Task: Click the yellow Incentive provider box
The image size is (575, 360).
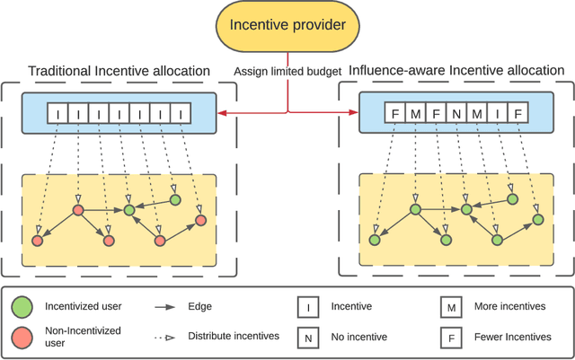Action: pos(288,24)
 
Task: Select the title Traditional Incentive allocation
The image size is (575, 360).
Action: pos(119,71)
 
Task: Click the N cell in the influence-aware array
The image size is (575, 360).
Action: pos(457,115)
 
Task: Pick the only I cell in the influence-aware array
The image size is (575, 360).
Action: pos(499,115)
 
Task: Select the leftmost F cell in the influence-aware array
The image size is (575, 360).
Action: pos(395,115)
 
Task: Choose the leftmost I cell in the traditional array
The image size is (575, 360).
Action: pos(57,115)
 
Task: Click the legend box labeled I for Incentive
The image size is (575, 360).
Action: pos(309,307)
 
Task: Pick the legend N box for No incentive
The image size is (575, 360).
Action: pos(309,338)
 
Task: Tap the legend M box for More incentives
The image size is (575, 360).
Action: pos(452,307)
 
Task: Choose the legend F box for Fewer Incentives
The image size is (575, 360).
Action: pos(452,338)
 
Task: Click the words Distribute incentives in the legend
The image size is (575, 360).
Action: pos(231,338)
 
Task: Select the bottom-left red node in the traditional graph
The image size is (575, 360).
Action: pos(37,241)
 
